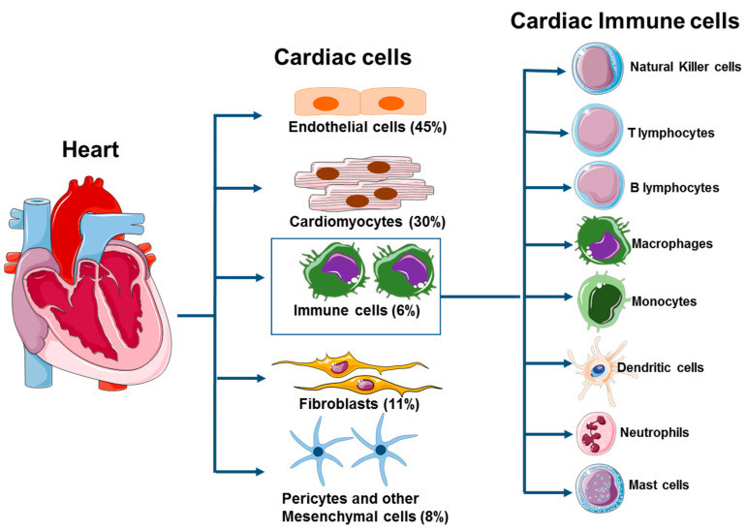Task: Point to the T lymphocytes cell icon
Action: point(593,128)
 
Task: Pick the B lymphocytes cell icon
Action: point(593,185)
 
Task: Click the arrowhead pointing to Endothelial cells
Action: point(257,116)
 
